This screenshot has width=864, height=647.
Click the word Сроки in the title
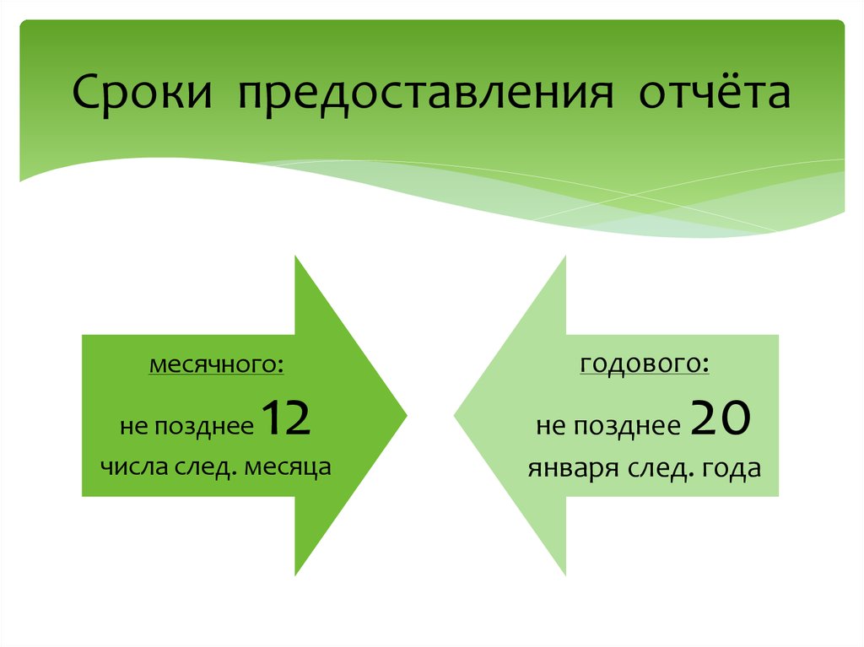(x=141, y=94)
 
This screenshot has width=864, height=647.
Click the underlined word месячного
(x=217, y=367)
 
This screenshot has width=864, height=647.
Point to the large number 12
(x=287, y=419)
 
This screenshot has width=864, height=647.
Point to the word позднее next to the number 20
(x=627, y=427)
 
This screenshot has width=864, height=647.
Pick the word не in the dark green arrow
(x=133, y=427)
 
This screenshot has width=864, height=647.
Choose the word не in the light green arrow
(x=549, y=427)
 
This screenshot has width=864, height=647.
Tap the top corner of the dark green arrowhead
(x=295, y=257)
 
